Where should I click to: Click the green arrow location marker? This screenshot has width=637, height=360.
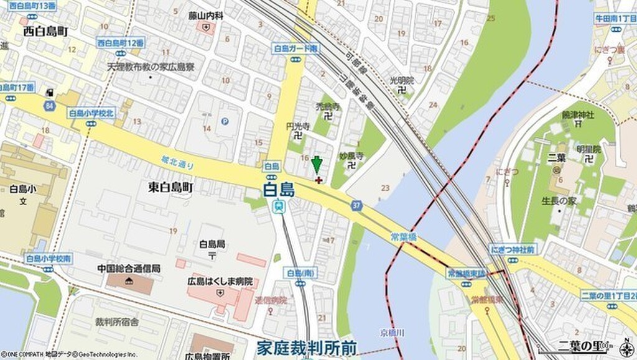pyautogui.click(x=317, y=165)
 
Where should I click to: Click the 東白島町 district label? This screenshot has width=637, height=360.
pyautogui.click(x=171, y=187)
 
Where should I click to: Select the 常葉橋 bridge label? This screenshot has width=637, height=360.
pyautogui.click(x=404, y=236)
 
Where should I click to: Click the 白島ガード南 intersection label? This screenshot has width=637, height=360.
pyautogui.click(x=295, y=48)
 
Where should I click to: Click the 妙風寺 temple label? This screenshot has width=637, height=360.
pyautogui.click(x=351, y=155)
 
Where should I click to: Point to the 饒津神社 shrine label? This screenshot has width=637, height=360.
pyautogui.click(x=579, y=114)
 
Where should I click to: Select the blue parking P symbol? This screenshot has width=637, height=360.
pyautogui.click(x=225, y=121)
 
